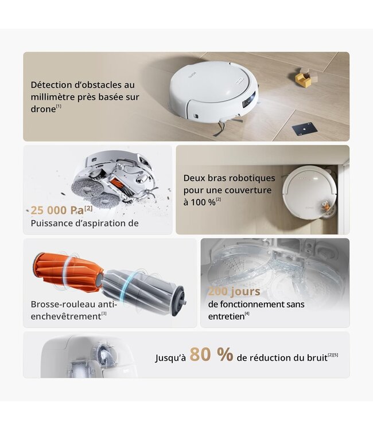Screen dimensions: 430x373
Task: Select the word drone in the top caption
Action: click(43, 109)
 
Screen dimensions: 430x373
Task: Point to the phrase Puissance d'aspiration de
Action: click(84, 223)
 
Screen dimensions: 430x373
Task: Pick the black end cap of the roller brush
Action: click(178, 299)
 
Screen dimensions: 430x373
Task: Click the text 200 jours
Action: click(234, 291)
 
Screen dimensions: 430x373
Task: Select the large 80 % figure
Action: click(211, 355)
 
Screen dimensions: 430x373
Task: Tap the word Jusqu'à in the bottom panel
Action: click(170, 358)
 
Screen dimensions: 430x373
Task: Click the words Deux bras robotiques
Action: click(229, 178)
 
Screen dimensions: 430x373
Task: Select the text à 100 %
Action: click(199, 202)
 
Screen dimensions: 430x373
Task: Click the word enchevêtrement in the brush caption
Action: click(65, 316)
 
